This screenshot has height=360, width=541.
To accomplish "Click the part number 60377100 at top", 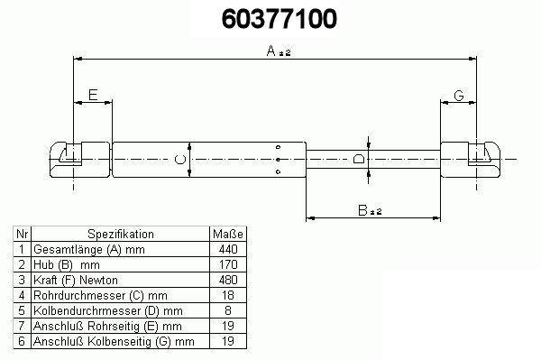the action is (279, 19).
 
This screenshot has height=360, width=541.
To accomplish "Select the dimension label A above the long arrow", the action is (279, 51).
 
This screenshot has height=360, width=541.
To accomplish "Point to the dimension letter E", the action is (93, 95).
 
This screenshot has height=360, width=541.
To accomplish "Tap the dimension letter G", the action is (459, 96).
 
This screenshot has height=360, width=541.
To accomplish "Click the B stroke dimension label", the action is (370, 210).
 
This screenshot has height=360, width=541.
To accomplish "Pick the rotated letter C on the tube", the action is (180, 160).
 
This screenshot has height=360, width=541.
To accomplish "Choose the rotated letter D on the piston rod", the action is (359, 159).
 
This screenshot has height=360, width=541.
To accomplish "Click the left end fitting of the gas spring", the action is (79, 160).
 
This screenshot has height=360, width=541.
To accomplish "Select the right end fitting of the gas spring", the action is (471, 160).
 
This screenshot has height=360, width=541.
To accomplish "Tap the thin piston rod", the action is (373, 160).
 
